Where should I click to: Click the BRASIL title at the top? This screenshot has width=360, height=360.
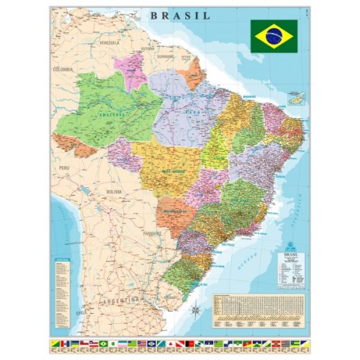181,14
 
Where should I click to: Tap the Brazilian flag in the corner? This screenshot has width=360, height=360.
274,35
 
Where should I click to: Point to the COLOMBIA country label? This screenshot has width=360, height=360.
63,69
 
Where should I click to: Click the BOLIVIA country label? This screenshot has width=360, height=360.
114,192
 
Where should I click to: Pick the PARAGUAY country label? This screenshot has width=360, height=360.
152,233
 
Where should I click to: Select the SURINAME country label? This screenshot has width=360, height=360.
166,55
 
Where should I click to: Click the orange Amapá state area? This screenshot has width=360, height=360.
193,72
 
